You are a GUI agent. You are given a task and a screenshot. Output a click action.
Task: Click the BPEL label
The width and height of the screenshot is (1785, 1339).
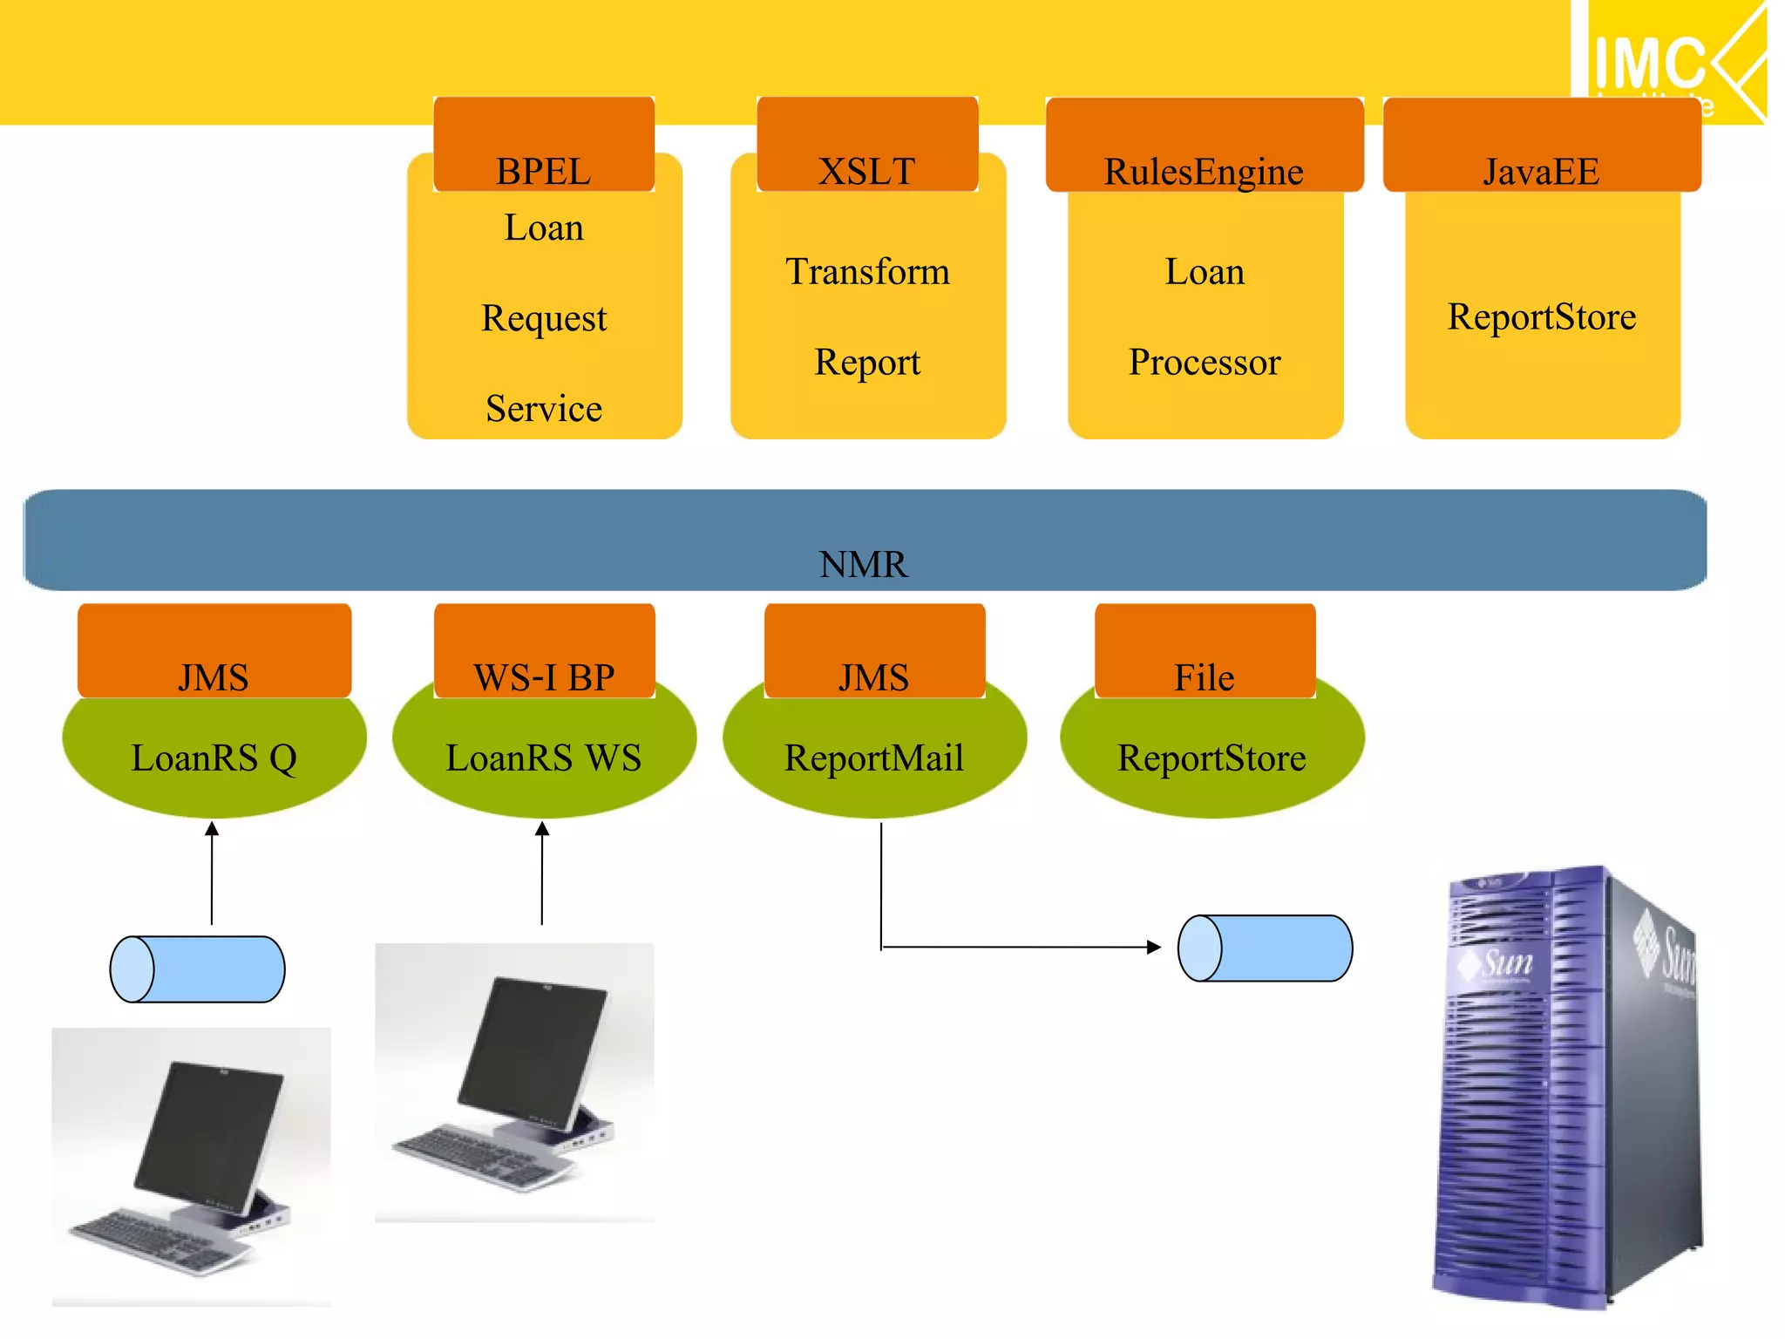(x=543, y=170)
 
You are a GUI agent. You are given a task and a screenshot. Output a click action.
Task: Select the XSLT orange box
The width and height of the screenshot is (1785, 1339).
(x=867, y=144)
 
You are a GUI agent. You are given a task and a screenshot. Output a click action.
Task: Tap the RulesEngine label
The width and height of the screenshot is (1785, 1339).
(x=1204, y=171)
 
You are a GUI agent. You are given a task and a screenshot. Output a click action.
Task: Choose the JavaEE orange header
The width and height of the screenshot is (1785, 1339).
(x=1541, y=144)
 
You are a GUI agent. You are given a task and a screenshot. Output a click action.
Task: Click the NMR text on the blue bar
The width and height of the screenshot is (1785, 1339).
(x=863, y=564)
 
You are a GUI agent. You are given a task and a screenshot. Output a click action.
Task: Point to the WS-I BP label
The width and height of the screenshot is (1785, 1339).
(x=544, y=676)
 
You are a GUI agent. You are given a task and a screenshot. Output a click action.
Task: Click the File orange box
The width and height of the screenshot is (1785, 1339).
(x=1205, y=649)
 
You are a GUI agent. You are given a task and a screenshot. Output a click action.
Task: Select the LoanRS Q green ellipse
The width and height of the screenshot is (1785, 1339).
(x=214, y=758)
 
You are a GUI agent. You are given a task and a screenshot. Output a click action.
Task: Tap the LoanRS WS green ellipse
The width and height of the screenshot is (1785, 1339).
(x=544, y=758)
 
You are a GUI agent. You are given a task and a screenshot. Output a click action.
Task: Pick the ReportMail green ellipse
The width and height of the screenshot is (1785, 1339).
(x=874, y=758)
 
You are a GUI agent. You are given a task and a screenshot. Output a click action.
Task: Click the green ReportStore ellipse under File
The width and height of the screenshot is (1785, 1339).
(x=1211, y=758)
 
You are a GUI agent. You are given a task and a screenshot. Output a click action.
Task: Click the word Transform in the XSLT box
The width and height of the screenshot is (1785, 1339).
(x=867, y=271)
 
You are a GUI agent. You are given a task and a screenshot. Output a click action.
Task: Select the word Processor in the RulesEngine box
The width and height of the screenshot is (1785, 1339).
(x=1205, y=362)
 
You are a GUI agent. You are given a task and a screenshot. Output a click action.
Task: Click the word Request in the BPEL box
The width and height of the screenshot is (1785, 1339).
(x=544, y=317)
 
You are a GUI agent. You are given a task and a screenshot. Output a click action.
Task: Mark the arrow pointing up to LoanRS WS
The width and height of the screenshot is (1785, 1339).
(x=542, y=872)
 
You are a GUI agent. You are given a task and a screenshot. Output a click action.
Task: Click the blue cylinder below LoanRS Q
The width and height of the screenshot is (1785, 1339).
(x=198, y=969)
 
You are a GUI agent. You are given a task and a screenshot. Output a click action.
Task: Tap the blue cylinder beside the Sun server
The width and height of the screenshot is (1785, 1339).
(x=1265, y=948)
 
